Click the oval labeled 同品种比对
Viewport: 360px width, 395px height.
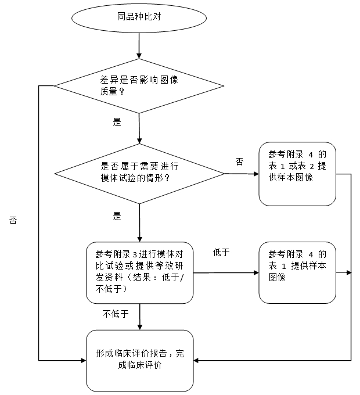pyautogui.click(x=139, y=17)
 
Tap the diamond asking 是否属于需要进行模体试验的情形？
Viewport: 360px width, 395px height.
pyautogui.click(x=139, y=173)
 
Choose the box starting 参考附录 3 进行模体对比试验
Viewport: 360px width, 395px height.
pyautogui.click(x=139, y=272)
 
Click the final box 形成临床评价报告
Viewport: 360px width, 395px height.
pyautogui.click(x=139, y=360)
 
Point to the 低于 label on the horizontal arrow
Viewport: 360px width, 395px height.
pyautogui.click(x=221, y=252)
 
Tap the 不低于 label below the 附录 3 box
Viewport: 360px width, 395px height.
pyautogui.click(x=116, y=314)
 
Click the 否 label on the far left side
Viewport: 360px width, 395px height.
pyautogui.click(x=13, y=221)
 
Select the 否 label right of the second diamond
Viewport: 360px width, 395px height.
pyautogui.click(x=239, y=161)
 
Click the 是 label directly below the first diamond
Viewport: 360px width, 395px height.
pyautogui.click(x=117, y=123)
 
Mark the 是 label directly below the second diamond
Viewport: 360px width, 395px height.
pyautogui.click(x=117, y=216)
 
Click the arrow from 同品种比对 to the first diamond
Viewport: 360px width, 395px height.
pyautogui.click(x=139, y=45)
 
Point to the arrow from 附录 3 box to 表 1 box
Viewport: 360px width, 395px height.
pyautogui.click(x=226, y=272)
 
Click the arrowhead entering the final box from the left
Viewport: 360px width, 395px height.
pyautogui.click(x=82, y=360)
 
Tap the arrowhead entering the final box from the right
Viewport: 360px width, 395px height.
pyautogui.click(x=196, y=360)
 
